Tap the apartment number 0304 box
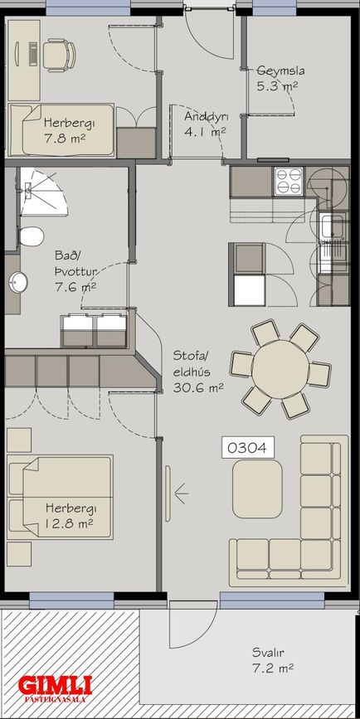pyautogui.click(x=248, y=448)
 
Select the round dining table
pyautogui.click(x=280, y=369)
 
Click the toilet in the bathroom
pyautogui.click(x=31, y=236)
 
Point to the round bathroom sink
pyautogui.click(x=18, y=282)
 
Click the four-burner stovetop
pyautogui.click(x=289, y=181)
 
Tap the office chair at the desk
pyautogui.click(x=60, y=56)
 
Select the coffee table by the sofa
pyautogui.click(x=257, y=488)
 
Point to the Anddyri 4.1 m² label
pyautogui.click(x=206, y=124)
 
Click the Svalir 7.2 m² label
pyautogui.click(x=272, y=660)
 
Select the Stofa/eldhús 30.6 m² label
pyautogui.click(x=197, y=372)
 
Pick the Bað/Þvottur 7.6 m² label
pyautogui.click(x=75, y=271)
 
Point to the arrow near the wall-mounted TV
pyautogui.click(x=182, y=493)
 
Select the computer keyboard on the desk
pyautogui.click(x=33, y=54)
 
